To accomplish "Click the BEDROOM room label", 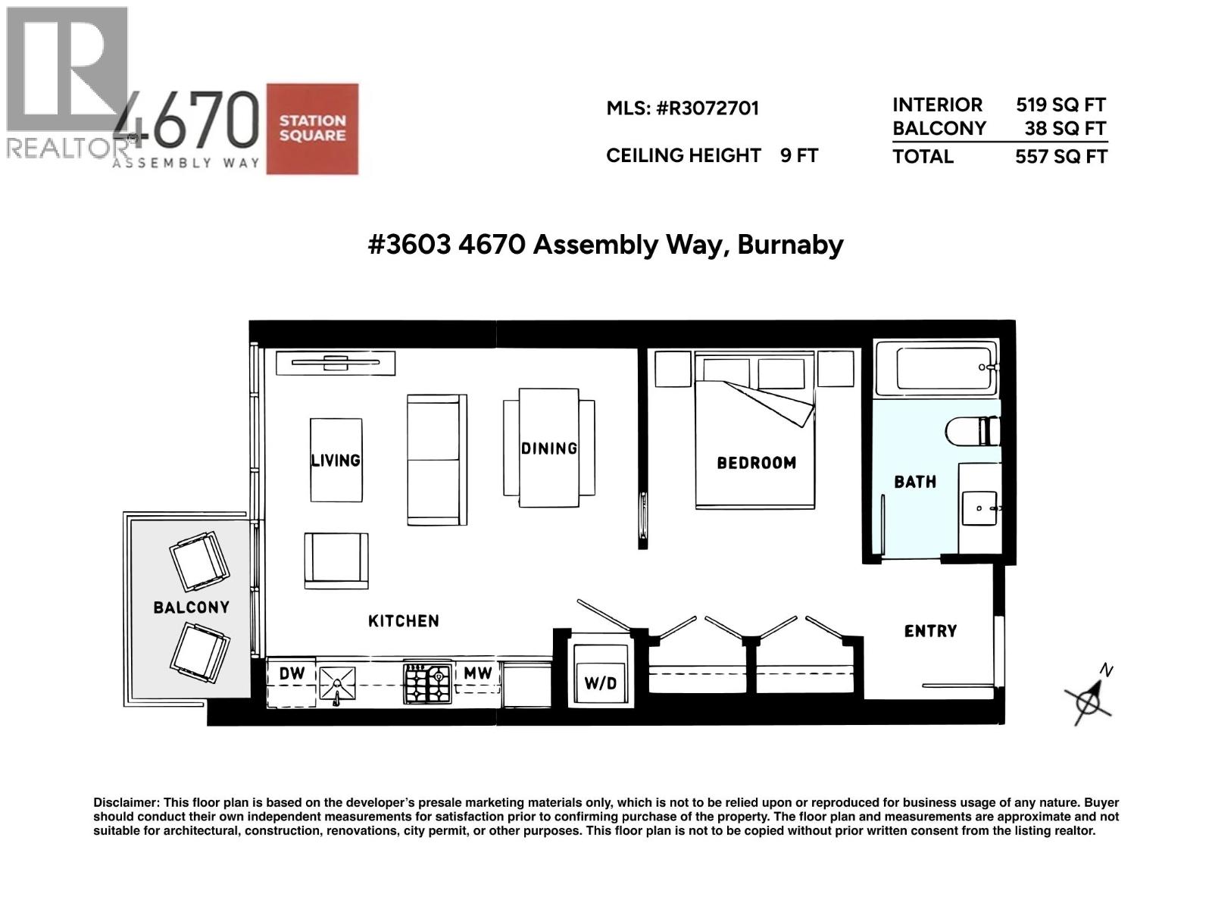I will [756, 463].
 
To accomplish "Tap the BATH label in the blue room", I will [915, 482].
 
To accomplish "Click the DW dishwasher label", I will [292, 673].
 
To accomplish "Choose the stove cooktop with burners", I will [428, 683].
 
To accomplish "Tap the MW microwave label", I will [478, 673].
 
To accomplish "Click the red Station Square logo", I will [312, 129].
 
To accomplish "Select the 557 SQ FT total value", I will [1061, 157].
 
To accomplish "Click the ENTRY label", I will [930, 631].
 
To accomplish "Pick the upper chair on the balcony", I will [199, 561].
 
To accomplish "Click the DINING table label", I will [549, 448].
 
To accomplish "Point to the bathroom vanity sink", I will [979, 508].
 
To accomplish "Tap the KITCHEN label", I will [403, 621].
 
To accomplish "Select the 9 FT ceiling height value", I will [799, 156].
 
